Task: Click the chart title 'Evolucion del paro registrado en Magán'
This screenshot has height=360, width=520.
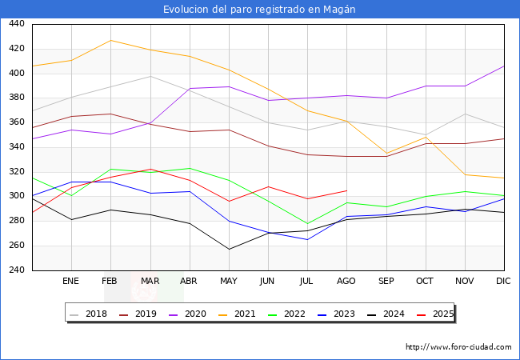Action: tap(259, 10)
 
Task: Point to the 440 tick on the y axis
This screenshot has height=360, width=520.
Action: tap(16, 25)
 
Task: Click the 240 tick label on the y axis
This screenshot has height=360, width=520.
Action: tap(16, 270)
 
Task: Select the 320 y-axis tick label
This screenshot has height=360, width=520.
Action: tap(16, 172)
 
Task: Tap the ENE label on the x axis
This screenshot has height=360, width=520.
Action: tap(70, 282)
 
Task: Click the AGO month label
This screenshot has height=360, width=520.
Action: tap(346, 282)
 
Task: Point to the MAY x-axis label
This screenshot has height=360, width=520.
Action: tap(228, 282)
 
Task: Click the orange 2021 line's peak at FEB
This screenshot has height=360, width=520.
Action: tap(110, 40)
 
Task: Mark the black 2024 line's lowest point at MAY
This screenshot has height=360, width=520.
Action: tap(228, 249)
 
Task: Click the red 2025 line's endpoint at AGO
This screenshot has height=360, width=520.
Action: tap(346, 190)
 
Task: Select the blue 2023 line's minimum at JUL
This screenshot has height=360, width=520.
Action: tap(307, 239)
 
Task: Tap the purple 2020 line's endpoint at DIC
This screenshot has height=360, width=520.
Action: tap(504, 66)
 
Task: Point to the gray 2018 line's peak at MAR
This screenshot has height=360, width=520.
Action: tap(150, 76)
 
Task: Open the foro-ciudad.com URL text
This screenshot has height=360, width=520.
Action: tap(458, 347)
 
